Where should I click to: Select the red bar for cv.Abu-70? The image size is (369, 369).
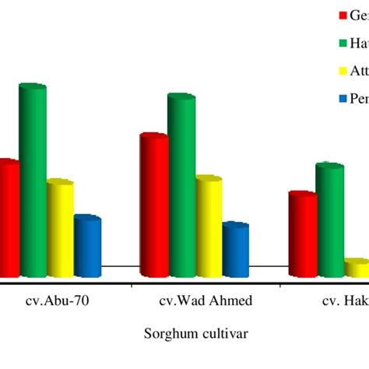[9, 218]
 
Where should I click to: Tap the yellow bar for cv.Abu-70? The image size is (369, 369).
[60, 229]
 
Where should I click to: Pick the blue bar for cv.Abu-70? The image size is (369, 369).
[87, 247]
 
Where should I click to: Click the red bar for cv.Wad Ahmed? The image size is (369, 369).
[153, 206]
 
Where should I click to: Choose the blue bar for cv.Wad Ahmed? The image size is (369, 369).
[235, 250]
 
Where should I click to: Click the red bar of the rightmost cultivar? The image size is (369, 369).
[302, 234]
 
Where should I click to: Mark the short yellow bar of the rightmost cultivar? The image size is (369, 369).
[357, 269]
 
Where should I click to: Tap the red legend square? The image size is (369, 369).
[320, 16]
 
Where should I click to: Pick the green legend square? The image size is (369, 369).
[320, 44]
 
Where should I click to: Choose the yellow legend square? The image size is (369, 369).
[320, 72]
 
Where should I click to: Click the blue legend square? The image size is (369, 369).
[320, 100]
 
